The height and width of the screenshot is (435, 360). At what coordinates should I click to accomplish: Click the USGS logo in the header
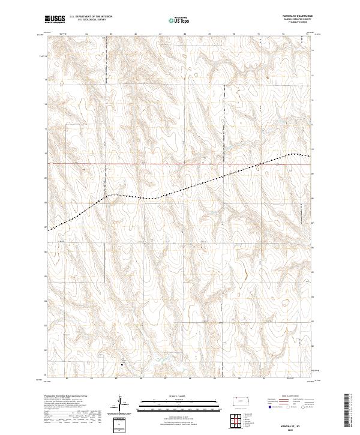pyautogui.click(x=55, y=19)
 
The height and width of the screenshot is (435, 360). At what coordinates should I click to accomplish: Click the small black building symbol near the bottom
pyautogui.click(x=122, y=360)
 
